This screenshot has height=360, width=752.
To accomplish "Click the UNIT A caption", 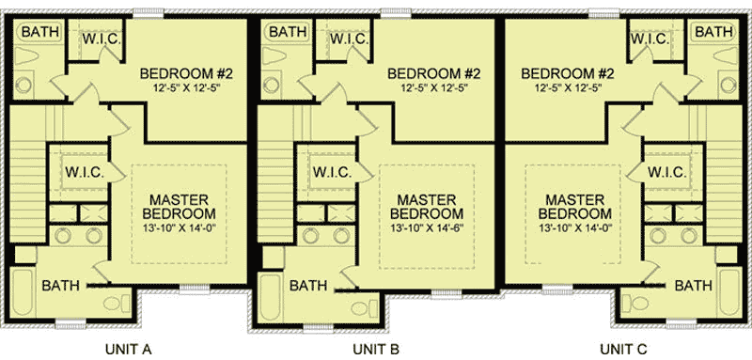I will pyautogui.click(x=133, y=350).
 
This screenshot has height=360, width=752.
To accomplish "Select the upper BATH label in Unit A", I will pyautogui.click(x=39, y=32).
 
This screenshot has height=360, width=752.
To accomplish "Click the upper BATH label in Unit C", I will pyautogui.click(x=713, y=32).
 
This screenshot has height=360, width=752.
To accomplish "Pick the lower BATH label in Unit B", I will pyautogui.click(x=308, y=286).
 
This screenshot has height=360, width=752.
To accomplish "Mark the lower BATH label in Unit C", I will pyautogui.click(x=693, y=286).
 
